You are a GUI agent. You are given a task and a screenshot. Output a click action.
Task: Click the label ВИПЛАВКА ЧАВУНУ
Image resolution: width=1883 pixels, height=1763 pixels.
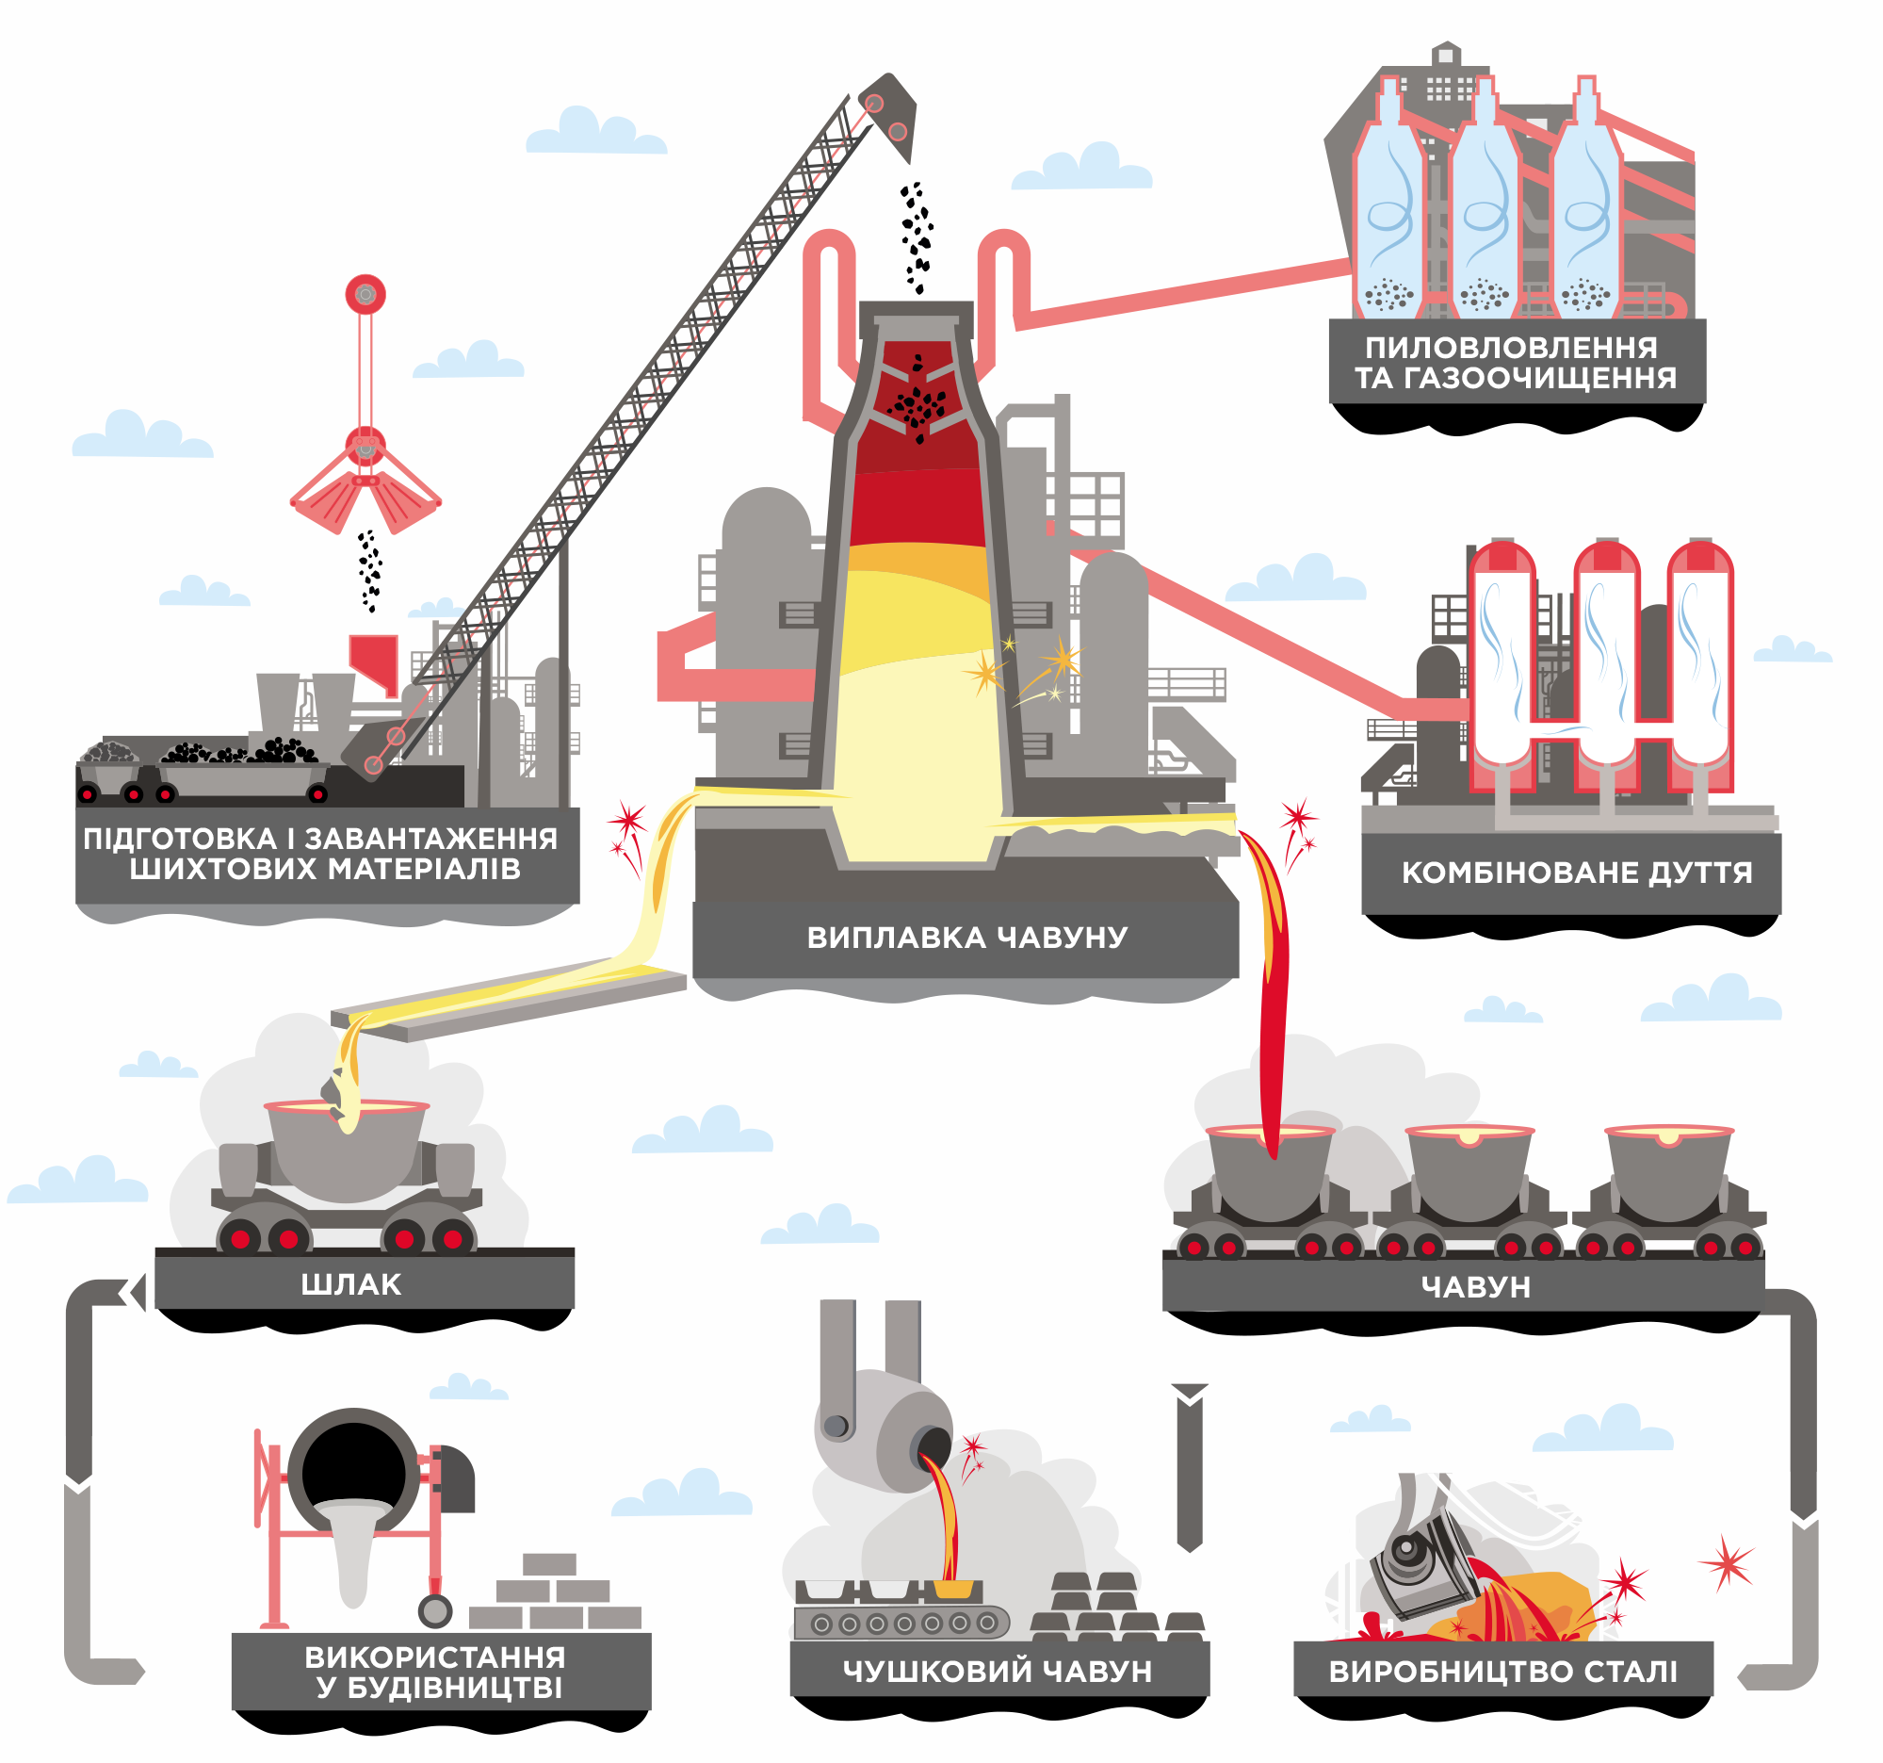966,938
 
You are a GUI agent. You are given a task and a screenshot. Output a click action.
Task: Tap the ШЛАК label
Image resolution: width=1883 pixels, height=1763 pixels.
350,1284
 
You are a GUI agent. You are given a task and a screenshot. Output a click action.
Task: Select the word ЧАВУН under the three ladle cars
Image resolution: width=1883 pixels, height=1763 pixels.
1475,1286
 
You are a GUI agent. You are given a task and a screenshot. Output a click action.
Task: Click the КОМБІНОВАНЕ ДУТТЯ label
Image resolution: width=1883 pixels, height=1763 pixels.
1576,873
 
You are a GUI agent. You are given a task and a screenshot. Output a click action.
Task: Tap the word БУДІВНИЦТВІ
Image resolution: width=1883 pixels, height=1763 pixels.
455,1688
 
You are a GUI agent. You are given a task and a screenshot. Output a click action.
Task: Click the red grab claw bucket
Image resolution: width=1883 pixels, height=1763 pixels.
365,493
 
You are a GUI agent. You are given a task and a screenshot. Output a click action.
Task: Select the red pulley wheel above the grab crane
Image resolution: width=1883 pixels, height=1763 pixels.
365,295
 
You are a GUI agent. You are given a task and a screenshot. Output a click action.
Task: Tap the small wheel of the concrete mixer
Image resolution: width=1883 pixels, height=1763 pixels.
435,1610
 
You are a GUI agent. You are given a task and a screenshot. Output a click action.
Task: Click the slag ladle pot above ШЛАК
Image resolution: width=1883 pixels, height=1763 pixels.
347,1151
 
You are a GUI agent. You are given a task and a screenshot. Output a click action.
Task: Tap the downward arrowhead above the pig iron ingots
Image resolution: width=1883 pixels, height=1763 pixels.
1190,1394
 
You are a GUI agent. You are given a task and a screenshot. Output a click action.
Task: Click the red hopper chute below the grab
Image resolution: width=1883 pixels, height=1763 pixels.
374,660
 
